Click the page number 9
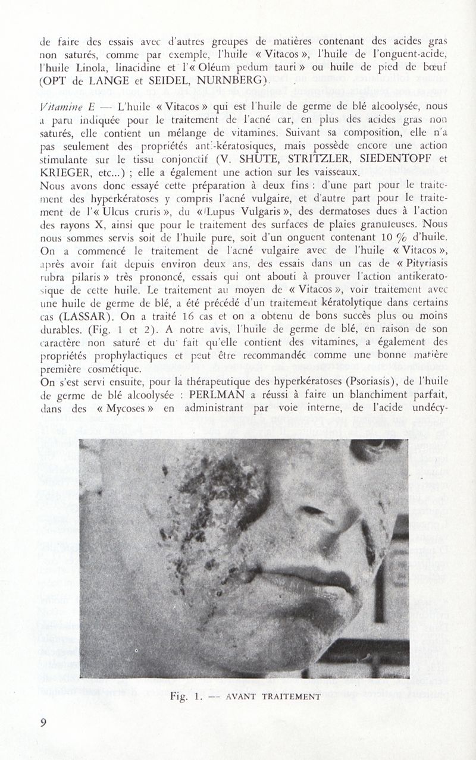(43, 723)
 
